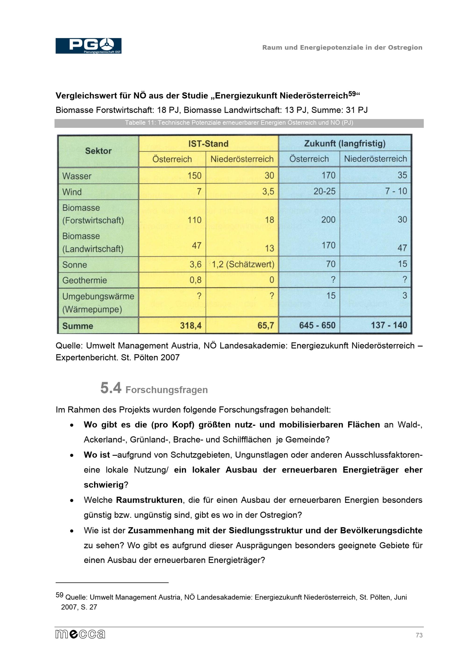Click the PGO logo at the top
tap(88, 46)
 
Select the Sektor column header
tap(98, 151)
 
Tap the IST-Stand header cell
tap(208, 144)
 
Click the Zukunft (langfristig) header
tap(345, 143)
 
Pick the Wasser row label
tap(77, 176)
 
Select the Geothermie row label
tap(85, 280)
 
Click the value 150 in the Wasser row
tap(194, 176)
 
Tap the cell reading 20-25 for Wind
tap(324, 191)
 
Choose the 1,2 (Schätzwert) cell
tap(243, 264)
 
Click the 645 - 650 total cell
tap(317, 325)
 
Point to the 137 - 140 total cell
tap(389, 325)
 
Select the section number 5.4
tap(111, 388)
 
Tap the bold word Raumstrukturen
tap(149, 500)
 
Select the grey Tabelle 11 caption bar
tap(239, 123)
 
